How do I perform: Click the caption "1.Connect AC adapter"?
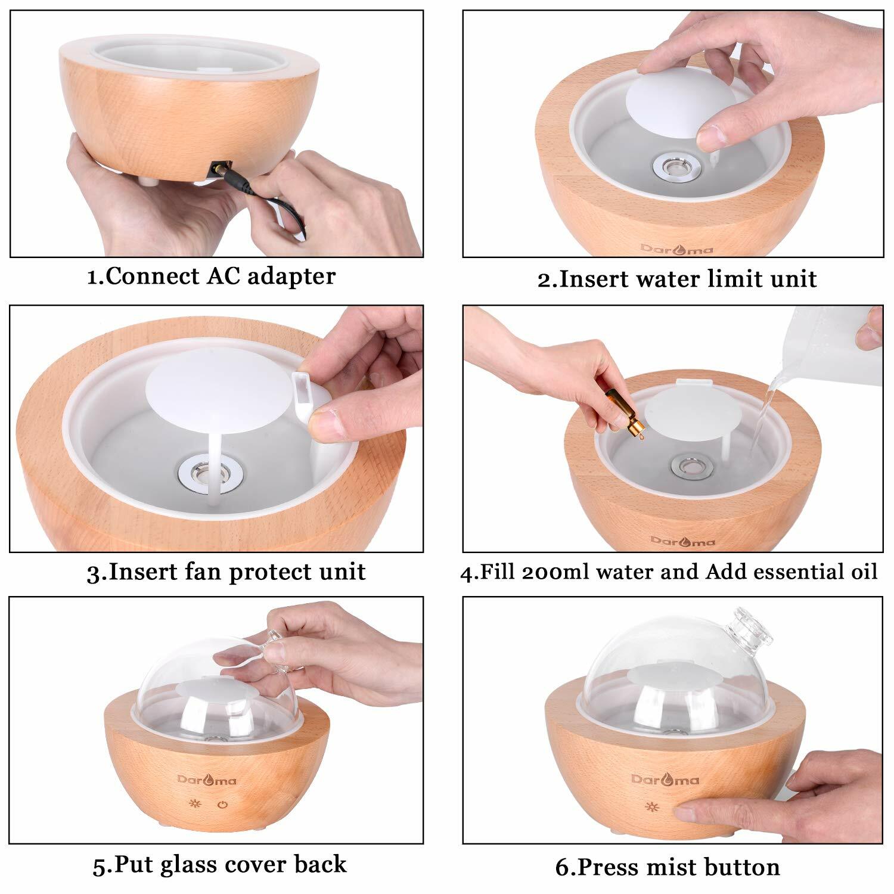coord(211,277)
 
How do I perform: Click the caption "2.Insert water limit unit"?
coord(677,279)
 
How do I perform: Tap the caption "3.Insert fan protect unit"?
coord(226,572)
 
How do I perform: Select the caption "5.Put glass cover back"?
coord(219,865)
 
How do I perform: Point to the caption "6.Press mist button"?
coord(668,867)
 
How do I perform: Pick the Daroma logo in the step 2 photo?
coord(676,249)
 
